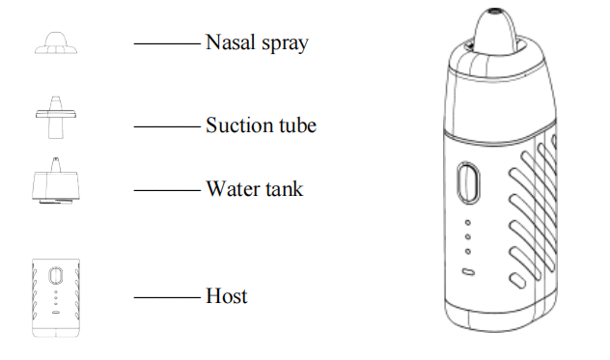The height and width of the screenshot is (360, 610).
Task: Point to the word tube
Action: tap(298, 125)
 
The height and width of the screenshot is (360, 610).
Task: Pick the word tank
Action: tap(283, 188)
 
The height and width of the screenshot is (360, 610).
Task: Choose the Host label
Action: tap(227, 295)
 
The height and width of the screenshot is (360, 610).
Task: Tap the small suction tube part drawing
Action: tap(57, 115)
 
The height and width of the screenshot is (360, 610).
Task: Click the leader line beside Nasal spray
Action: tap(167, 43)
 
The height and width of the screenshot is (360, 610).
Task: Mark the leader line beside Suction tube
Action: tap(167, 125)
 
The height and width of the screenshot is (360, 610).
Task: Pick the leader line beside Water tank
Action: tap(167, 189)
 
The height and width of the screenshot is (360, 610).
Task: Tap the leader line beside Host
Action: tap(167, 296)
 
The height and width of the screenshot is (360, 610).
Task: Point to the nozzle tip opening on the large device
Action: tap(494, 13)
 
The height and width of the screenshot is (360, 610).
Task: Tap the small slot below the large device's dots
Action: tap(468, 272)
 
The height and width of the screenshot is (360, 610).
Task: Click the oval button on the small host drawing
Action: tap(55, 275)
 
